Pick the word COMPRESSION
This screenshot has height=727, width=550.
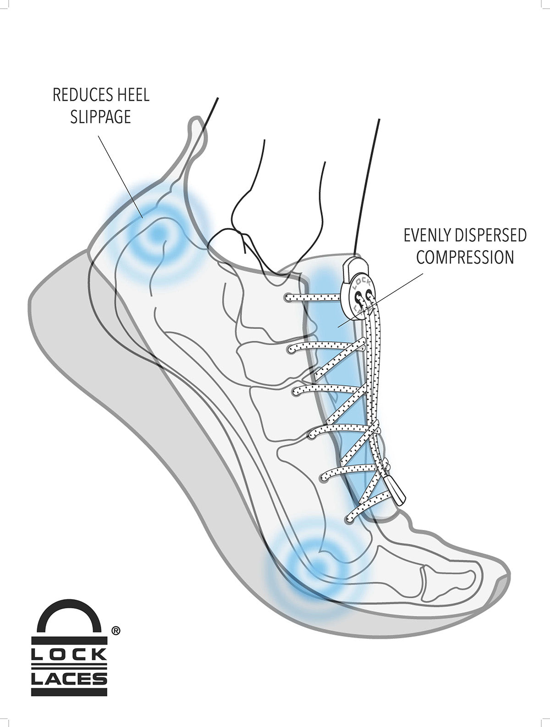tap(465, 257)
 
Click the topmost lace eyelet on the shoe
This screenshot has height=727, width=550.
tap(288, 298)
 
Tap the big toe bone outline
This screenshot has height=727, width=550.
tap(451, 578)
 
